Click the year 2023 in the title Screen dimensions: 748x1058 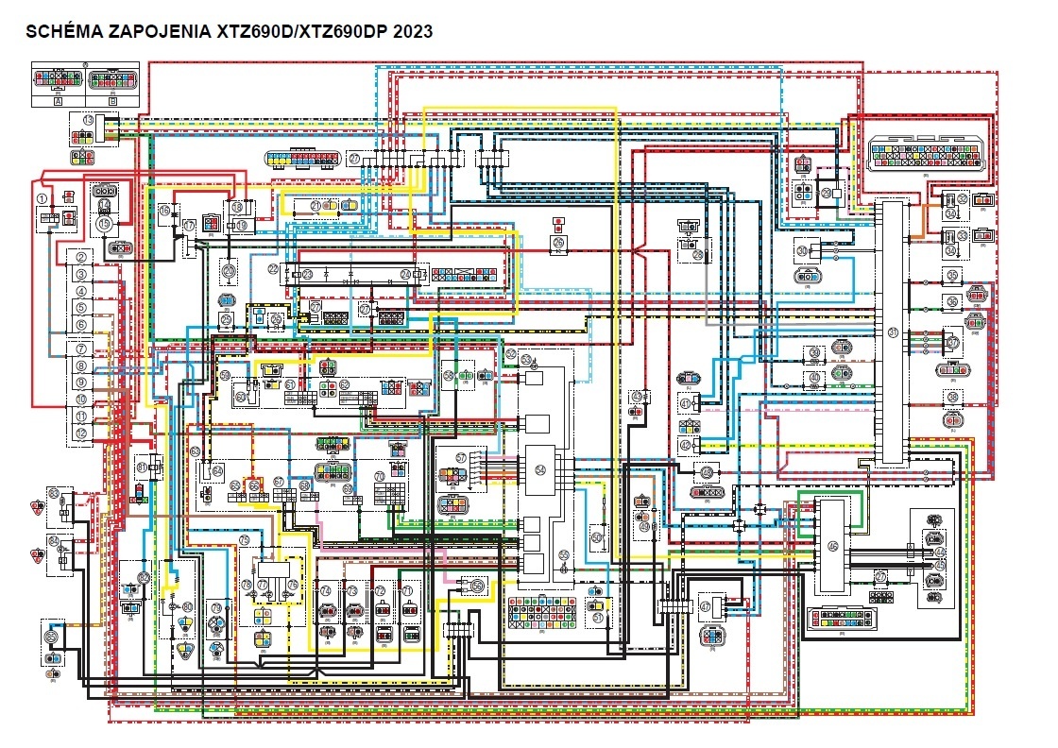pyautogui.click(x=413, y=31)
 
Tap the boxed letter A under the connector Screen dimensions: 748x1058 pyautogui.click(x=59, y=99)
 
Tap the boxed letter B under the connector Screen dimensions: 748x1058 pyautogui.click(x=112, y=99)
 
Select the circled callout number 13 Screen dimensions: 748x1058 pyautogui.click(x=88, y=120)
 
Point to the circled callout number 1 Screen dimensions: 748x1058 pyautogui.click(x=43, y=197)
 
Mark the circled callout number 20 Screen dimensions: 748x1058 pyautogui.click(x=228, y=270)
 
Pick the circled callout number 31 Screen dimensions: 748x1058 pyautogui.click(x=893, y=331)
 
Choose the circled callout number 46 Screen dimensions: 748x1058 pyautogui.click(x=832, y=546)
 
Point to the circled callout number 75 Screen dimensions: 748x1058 pyautogui.click(x=244, y=540)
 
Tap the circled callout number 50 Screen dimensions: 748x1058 pyautogui.click(x=597, y=536)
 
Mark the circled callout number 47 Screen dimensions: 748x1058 pyautogui.click(x=706, y=606)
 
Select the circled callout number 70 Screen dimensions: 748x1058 pyautogui.click(x=380, y=476)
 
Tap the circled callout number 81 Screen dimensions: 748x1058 pyautogui.click(x=142, y=466)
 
